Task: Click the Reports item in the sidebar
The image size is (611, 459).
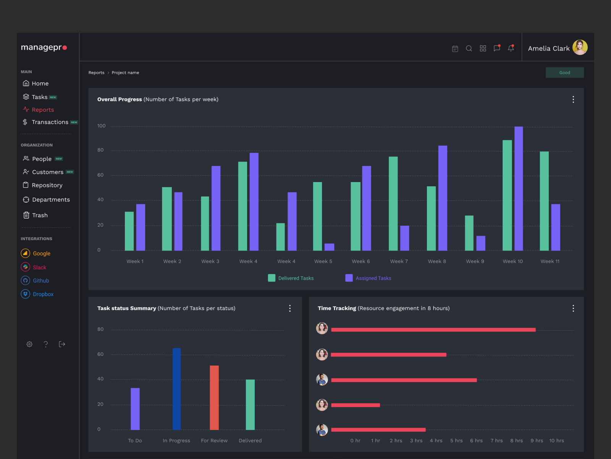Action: pyautogui.click(x=42, y=110)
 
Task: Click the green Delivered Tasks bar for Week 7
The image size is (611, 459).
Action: pyautogui.click(x=393, y=203)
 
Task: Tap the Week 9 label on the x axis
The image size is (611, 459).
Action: pyautogui.click(x=475, y=261)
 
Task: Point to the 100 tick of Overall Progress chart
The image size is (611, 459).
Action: pyautogui.click(x=101, y=126)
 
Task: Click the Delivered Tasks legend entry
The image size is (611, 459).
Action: pyautogui.click(x=291, y=278)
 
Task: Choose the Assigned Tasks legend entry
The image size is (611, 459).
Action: pyautogui.click(x=369, y=278)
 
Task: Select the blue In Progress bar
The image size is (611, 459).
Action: pyautogui.click(x=176, y=389)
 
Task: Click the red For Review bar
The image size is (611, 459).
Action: pyautogui.click(x=214, y=397)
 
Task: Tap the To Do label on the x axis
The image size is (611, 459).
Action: pyautogui.click(x=135, y=441)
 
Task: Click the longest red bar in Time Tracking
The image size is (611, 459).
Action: pyautogui.click(x=433, y=330)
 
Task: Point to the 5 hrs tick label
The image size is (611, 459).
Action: pyautogui.click(x=456, y=441)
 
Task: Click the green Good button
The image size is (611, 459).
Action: pyautogui.click(x=564, y=73)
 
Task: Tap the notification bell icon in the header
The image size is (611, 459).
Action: pyautogui.click(x=511, y=48)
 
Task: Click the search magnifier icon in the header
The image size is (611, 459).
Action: pyautogui.click(x=469, y=49)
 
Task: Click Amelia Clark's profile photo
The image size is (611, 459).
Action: pyautogui.click(x=580, y=48)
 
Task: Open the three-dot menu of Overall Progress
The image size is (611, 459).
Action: pyautogui.click(x=573, y=99)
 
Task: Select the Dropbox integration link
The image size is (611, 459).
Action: pyautogui.click(x=43, y=294)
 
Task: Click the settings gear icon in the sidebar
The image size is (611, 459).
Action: pyautogui.click(x=29, y=344)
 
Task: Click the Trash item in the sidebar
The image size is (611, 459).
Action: pyautogui.click(x=39, y=215)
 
